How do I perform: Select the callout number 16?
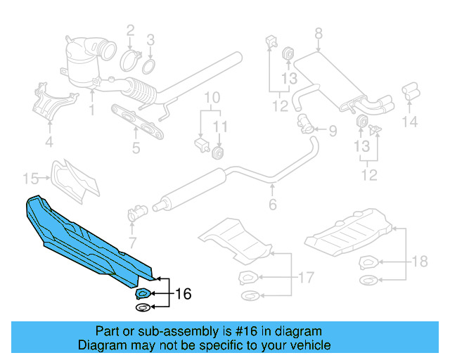tap(182, 293)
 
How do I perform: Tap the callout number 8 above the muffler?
tap(318, 33)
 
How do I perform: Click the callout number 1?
tap(91, 110)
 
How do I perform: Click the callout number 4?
tap(49, 143)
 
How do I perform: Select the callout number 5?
tap(136, 148)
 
